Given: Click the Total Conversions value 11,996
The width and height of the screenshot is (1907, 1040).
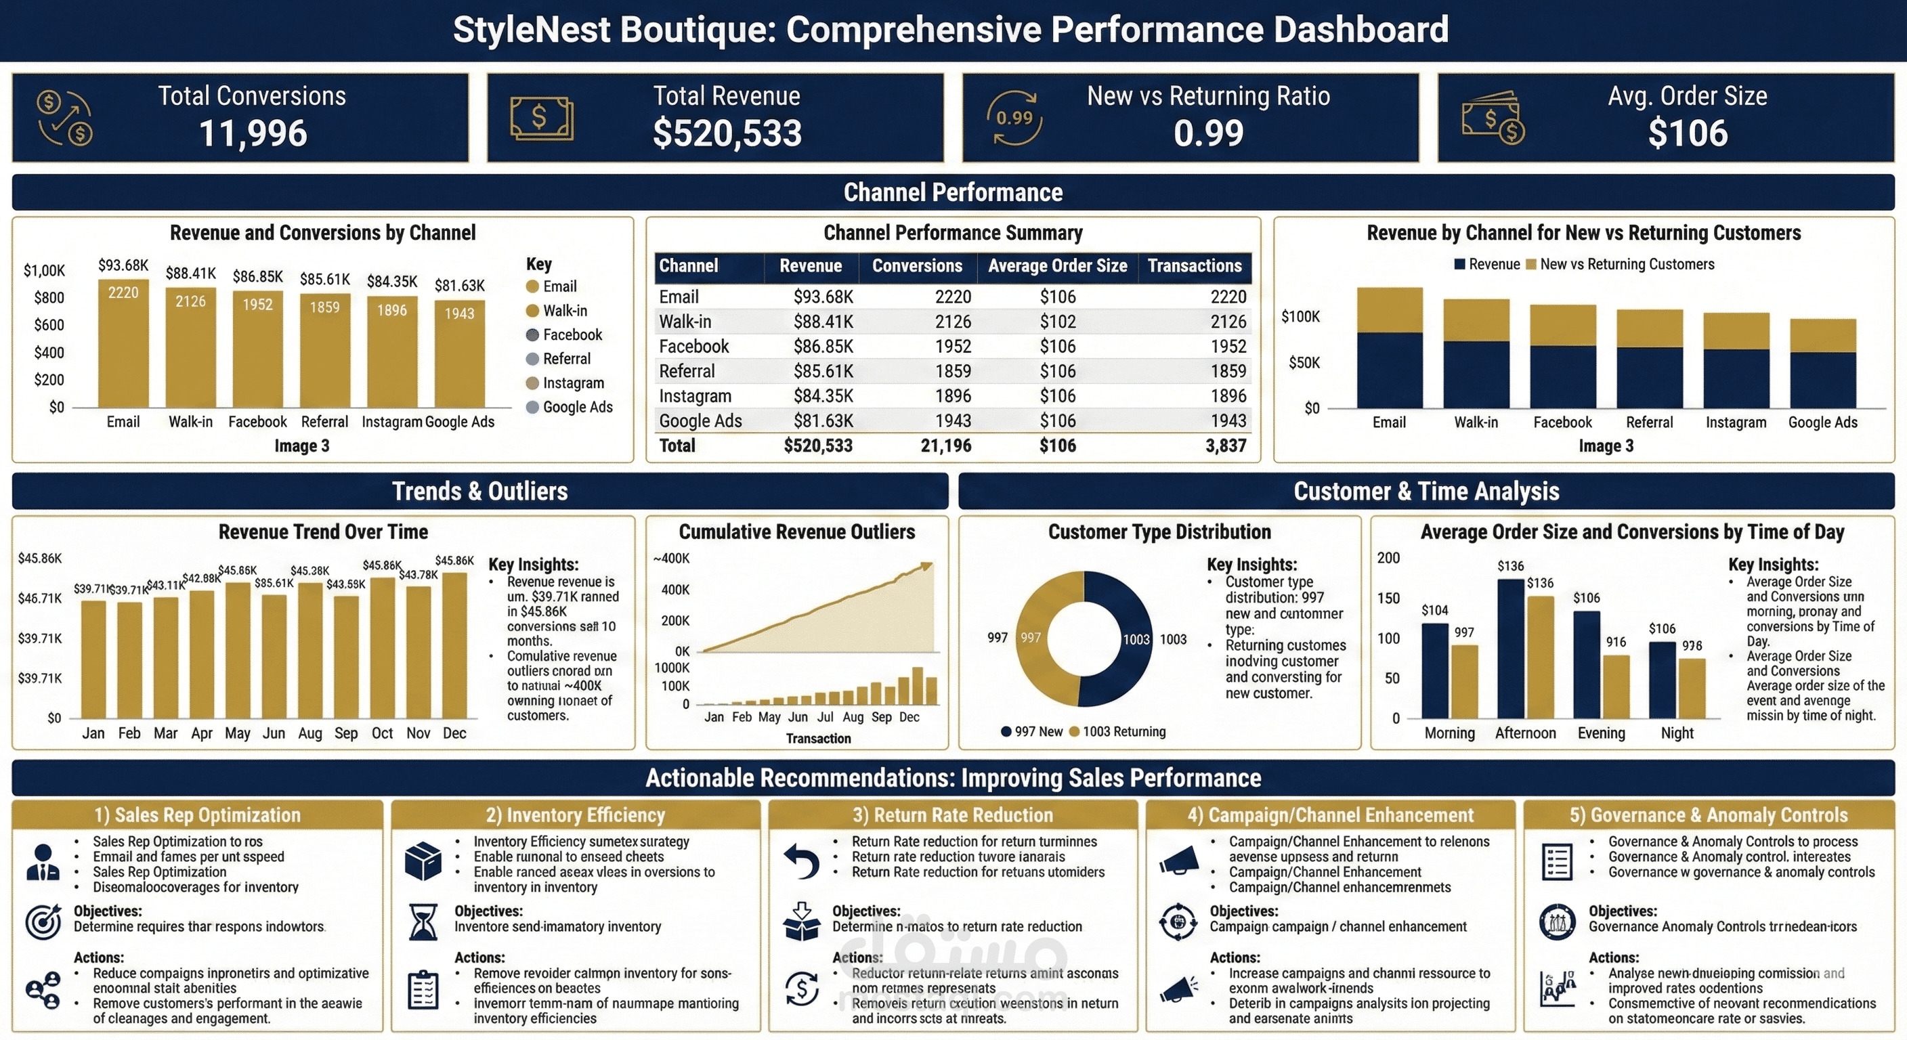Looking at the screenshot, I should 253,133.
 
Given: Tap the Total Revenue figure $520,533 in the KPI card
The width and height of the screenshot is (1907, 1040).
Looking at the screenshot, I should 727,133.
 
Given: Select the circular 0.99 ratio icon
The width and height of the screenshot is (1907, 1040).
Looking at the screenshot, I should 1014,118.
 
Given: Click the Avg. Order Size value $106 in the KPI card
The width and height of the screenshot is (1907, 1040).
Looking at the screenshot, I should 1687,133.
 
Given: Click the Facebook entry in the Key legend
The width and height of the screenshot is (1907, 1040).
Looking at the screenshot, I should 572,334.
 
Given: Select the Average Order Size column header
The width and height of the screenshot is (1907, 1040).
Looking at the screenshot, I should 1057,265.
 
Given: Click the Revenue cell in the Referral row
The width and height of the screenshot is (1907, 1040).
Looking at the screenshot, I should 823,371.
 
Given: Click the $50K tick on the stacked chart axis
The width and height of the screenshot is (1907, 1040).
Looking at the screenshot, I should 1304,363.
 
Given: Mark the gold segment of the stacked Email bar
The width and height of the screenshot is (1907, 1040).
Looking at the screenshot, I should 1389,309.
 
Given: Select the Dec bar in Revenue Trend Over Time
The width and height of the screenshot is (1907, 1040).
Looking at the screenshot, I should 454,644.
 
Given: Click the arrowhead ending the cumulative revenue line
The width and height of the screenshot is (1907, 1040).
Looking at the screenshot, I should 926,566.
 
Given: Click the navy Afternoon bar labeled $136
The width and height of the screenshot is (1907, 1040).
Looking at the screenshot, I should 1510,648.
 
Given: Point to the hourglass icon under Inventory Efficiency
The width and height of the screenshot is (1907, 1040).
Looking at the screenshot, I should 423,922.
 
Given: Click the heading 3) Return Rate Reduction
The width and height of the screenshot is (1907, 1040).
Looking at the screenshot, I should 952,815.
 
